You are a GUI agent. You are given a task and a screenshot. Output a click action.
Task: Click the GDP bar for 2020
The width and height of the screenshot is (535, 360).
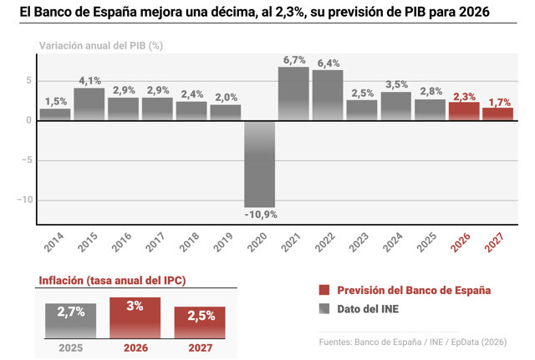pos(260,164)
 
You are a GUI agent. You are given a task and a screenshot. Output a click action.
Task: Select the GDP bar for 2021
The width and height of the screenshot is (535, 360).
pos(294,94)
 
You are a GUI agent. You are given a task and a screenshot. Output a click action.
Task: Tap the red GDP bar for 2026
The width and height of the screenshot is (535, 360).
pos(465,111)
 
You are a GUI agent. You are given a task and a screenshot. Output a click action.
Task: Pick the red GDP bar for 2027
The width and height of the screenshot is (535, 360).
pos(498,114)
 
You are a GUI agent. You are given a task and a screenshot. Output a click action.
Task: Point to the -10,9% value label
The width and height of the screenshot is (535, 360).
pos(261,215)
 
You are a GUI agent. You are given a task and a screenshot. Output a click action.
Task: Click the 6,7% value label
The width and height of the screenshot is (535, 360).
pos(294,60)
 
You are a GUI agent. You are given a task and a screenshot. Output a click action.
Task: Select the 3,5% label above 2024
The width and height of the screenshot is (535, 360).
pos(396,84)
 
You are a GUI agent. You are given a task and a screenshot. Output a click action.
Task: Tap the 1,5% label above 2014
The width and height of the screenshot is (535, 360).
pos(54,101)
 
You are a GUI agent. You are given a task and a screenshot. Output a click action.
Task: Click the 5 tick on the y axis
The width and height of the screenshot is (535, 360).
pos(28,81)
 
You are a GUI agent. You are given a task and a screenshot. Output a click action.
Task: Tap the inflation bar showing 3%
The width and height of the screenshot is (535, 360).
pos(135,318)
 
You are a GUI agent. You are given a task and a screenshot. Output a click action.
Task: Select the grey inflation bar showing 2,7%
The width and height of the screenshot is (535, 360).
pos(71,321)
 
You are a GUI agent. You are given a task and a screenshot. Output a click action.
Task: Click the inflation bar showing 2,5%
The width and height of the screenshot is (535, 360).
pos(200,322)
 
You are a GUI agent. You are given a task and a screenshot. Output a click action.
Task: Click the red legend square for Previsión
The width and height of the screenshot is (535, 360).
pos(325,290)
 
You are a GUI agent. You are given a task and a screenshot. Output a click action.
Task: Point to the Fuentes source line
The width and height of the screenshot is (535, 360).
pos(412,342)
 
